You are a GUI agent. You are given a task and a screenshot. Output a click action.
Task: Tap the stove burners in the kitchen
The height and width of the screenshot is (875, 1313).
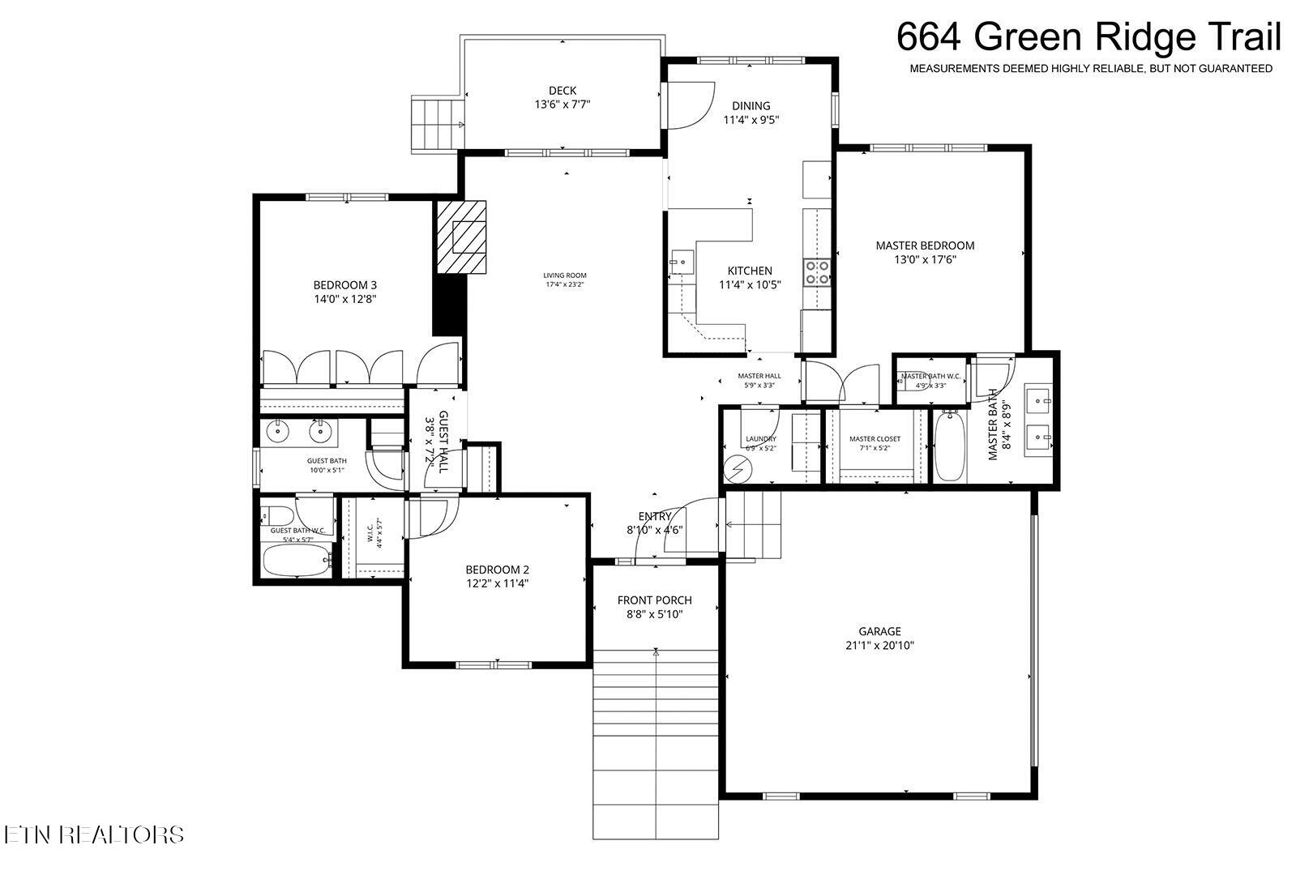816,272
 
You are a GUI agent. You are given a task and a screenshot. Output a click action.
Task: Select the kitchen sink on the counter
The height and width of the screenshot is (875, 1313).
681,262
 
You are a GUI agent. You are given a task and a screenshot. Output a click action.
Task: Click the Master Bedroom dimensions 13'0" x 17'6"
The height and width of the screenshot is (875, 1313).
925,260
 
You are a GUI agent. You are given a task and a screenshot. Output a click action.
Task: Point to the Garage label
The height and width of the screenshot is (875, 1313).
879,631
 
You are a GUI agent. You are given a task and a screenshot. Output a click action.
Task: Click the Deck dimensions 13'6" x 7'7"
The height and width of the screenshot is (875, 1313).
562,105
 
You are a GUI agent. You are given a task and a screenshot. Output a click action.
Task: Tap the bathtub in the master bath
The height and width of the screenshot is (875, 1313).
950,446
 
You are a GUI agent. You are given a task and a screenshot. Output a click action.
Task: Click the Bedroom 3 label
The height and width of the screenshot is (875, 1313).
345,285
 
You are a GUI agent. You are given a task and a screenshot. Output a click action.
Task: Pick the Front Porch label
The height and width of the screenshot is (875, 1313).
654,600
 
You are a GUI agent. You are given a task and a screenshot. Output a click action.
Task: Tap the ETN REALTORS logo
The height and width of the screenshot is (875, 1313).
93,834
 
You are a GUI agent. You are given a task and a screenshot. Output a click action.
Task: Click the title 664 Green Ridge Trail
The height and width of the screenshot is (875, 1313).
1088,37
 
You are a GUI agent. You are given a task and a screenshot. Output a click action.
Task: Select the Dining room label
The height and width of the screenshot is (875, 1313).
751,106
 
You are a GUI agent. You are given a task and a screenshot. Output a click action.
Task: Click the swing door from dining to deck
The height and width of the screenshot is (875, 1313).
689,105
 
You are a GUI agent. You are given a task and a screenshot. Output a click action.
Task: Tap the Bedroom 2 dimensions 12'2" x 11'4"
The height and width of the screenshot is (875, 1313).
497,583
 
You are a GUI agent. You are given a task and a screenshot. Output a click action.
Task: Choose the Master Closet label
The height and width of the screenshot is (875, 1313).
875,439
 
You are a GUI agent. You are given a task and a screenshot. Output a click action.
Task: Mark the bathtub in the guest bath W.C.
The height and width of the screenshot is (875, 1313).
297,559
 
